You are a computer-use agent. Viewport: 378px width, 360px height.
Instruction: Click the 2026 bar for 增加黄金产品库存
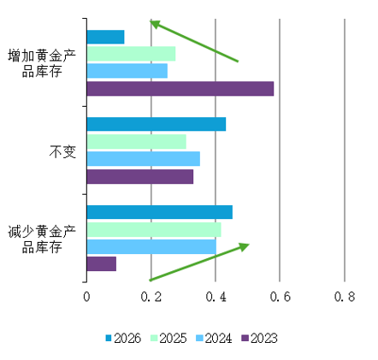(106, 37)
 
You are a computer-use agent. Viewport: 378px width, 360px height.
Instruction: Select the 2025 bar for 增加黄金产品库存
(132, 54)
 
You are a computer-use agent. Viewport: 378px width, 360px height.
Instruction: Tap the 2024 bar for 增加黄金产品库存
(127, 71)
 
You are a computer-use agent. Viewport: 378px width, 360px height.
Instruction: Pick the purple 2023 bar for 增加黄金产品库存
(180, 89)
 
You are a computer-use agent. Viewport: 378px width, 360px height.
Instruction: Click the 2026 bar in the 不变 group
(157, 124)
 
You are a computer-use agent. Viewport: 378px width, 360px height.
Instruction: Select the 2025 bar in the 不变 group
(137, 142)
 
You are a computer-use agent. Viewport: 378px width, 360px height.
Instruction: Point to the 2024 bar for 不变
(144, 159)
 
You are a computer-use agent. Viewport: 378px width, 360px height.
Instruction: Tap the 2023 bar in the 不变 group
(140, 177)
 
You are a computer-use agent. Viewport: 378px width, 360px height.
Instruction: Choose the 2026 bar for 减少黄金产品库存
(160, 212)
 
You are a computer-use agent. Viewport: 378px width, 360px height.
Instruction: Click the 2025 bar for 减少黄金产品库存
(154, 230)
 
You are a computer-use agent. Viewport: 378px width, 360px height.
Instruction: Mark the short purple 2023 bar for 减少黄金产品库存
(102, 264)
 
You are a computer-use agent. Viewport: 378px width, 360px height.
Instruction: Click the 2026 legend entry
(123, 339)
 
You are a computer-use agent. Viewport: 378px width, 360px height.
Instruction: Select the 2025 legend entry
(168, 339)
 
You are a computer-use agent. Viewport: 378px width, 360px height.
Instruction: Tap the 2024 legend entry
(214, 339)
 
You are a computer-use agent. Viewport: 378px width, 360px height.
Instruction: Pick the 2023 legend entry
(259, 339)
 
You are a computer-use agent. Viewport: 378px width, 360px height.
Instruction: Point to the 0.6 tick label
(281, 297)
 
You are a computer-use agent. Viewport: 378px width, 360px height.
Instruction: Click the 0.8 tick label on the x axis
(345, 297)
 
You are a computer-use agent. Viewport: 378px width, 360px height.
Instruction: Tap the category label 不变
(62, 151)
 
